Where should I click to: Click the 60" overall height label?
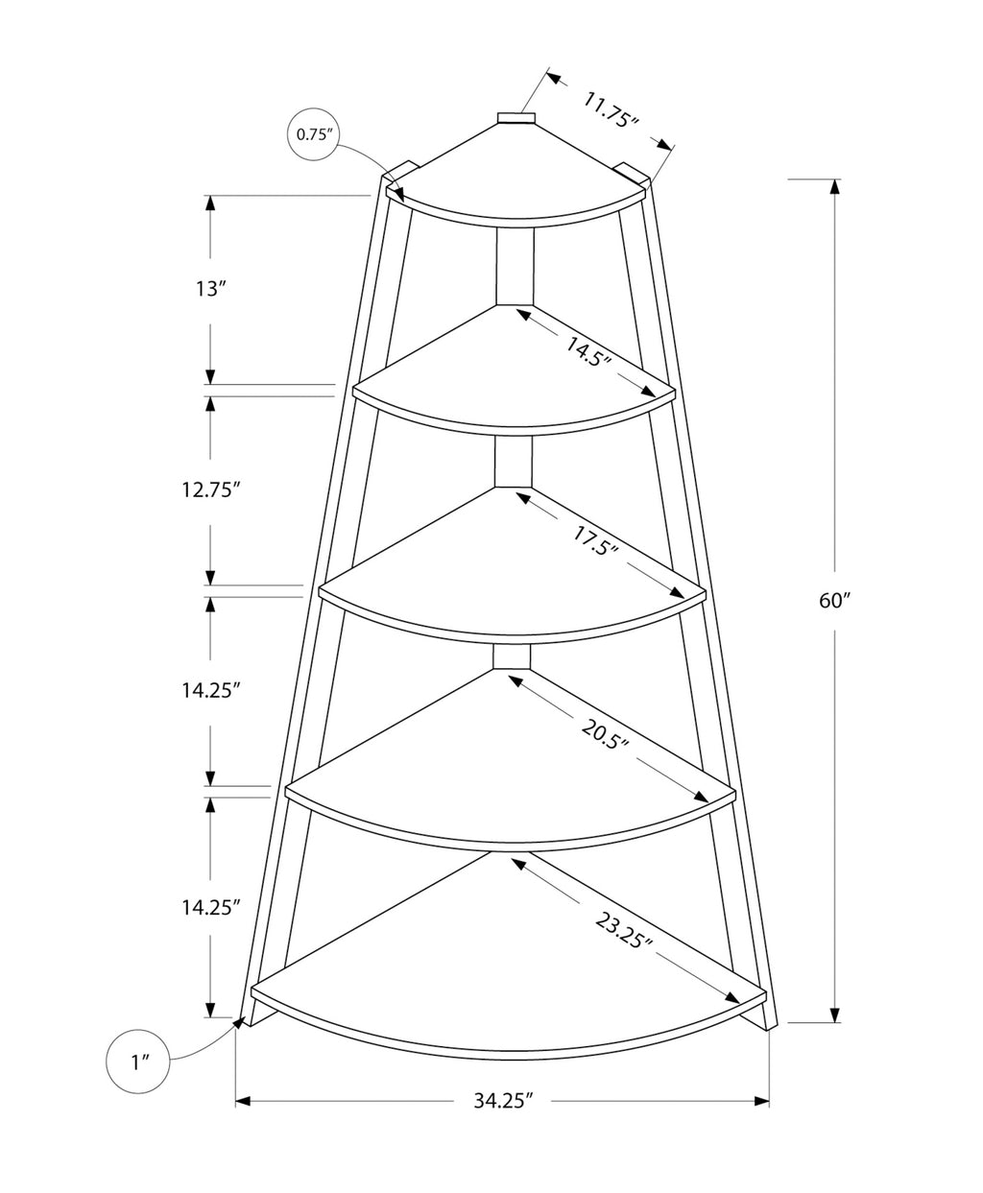point(834,601)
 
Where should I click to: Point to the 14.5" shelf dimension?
point(588,352)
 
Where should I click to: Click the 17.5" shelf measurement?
point(595,539)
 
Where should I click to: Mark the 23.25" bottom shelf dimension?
point(624,931)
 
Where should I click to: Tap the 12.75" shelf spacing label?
point(209,489)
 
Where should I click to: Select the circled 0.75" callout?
point(314,134)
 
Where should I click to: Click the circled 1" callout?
point(138,1062)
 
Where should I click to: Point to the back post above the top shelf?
point(515,117)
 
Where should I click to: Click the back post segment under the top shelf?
point(515,266)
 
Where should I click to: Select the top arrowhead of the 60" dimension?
point(835,187)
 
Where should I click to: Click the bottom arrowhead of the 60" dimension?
point(835,1014)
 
